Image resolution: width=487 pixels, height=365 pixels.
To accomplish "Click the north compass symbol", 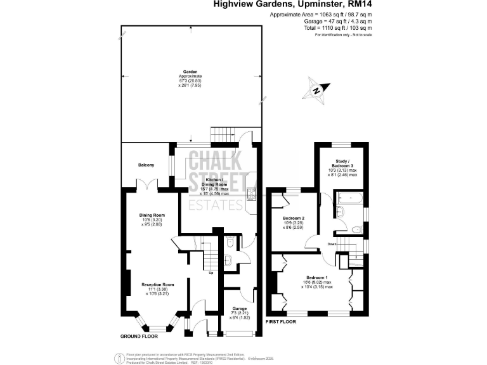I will pyautogui.click(x=317, y=89).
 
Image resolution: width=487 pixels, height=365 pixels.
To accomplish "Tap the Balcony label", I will pyautogui.click(x=146, y=165).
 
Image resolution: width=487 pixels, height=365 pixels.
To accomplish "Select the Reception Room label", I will pyautogui.click(x=157, y=284).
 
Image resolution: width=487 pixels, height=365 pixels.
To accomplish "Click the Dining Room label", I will pyautogui.click(x=152, y=215).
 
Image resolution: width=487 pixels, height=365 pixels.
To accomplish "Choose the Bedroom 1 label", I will pyautogui.click(x=317, y=278).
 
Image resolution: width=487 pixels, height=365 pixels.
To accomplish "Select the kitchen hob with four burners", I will pyautogui.click(x=250, y=196).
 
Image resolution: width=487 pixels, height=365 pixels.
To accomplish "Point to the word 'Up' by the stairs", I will pyautogui.click(x=211, y=273).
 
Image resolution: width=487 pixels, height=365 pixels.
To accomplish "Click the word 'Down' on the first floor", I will pyautogui.click(x=332, y=243).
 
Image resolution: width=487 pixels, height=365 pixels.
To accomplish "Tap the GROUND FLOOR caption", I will pyautogui.click(x=140, y=335).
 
